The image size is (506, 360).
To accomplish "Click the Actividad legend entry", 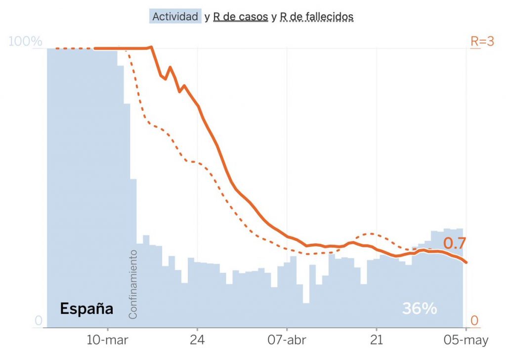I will click(175, 16).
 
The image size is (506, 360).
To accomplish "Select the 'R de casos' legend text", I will click(241, 16).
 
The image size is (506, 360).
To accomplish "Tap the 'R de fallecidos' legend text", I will click(317, 16).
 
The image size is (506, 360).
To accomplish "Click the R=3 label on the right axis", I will click(482, 42).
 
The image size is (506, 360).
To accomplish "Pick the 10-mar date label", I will click(108, 341).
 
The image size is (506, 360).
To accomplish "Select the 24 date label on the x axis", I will click(197, 341).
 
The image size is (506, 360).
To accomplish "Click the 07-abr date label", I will click(287, 341).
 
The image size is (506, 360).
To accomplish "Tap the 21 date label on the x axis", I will click(377, 341).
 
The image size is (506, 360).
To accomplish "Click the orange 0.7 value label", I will click(455, 243).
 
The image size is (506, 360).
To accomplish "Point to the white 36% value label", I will click(420, 309).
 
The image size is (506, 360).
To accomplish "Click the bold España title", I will click(86, 309).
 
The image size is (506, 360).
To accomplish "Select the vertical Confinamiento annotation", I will click(133, 284).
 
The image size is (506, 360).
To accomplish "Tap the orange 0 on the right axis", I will click(474, 321).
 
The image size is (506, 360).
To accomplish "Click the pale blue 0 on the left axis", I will click(38, 321).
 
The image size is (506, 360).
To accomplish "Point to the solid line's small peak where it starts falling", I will click(151, 47).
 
